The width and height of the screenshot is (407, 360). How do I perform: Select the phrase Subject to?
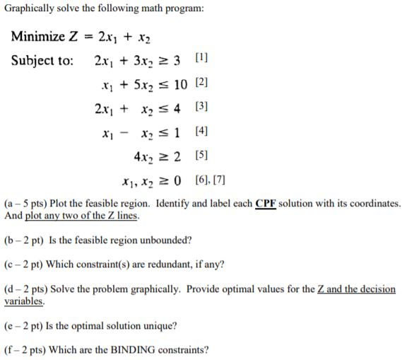pyautogui.click(x=42, y=60)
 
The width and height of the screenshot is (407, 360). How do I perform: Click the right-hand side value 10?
pyautogui.click(x=179, y=85)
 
